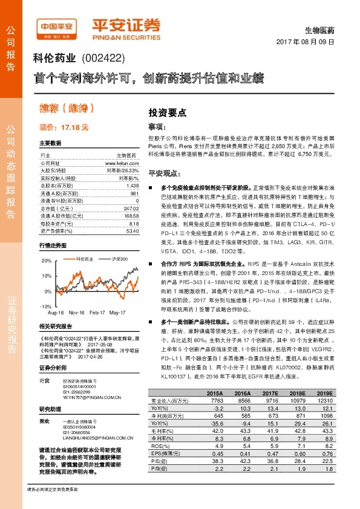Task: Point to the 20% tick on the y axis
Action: (47, 261)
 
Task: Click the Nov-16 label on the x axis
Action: (76, 313)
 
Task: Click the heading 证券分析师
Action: (50, 367)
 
